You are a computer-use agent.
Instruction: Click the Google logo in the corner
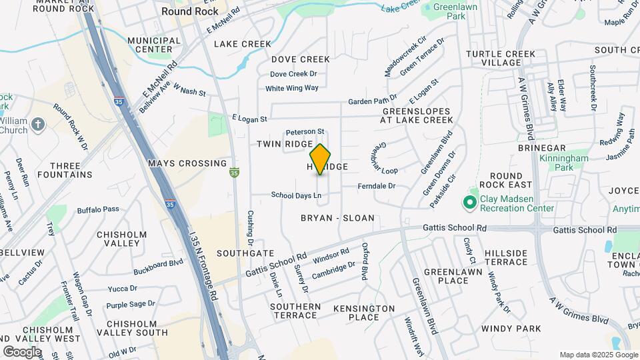[x=21, y=351]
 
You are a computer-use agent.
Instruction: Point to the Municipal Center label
[x=154, y=45]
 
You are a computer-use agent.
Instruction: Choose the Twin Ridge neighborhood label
[x=285, y=144]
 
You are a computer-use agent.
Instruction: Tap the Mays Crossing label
[x=187, y=163]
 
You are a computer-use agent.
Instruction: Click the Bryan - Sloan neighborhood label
[x=337, y=218]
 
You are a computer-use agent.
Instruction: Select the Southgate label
[x=245, y=253]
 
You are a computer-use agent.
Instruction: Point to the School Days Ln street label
[x=296, y=195]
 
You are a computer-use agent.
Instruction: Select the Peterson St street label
[x=305, y=131]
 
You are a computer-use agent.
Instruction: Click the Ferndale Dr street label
[x=377, y=186]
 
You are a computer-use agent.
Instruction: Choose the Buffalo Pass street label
[x=98, y=209]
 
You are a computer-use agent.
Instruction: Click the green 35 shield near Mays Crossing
[x=233, y=173]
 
